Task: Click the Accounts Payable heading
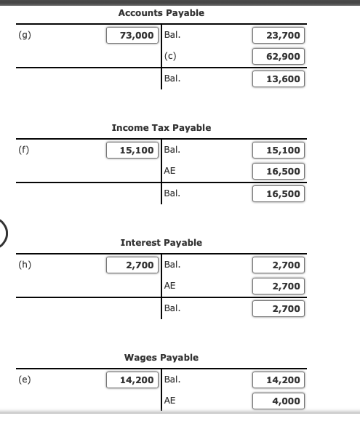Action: point(161,13)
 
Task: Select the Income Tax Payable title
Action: point(161,128)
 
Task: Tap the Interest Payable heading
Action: point(161,243)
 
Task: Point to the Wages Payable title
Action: point(161,358)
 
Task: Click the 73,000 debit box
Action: point(132,35)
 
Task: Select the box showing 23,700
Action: point(279,35)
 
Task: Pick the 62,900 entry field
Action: point(279,57)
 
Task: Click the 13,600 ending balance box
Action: point(279,79)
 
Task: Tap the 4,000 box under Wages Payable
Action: point(279,401)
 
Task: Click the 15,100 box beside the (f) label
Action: point(132,151)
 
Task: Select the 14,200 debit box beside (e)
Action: point(132,380)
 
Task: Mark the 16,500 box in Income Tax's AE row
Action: point(279,172)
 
